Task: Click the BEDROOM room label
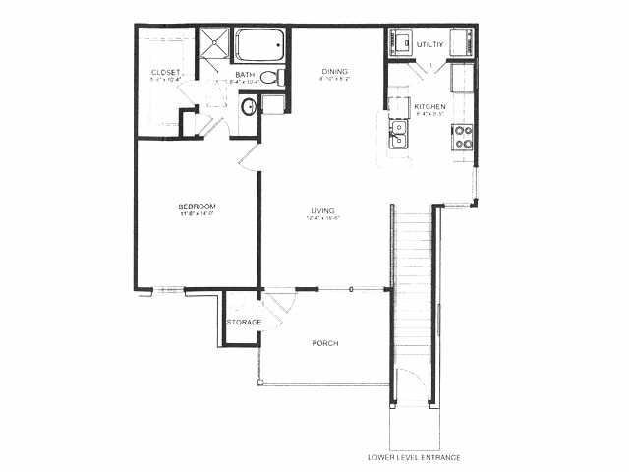[196, 206]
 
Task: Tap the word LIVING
[322, 210]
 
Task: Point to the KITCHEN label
[429, 106]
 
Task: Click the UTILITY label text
[430, 45]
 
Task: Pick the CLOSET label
[165, 73]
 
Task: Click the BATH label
[245, 75]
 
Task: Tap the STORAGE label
[244, 323]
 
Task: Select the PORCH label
[325, 343]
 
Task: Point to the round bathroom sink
[249, 107]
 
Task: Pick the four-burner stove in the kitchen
[461, 136]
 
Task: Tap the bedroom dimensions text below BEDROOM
[197, 213]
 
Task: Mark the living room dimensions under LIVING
[321, 218]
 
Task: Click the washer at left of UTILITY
[402, 44]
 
